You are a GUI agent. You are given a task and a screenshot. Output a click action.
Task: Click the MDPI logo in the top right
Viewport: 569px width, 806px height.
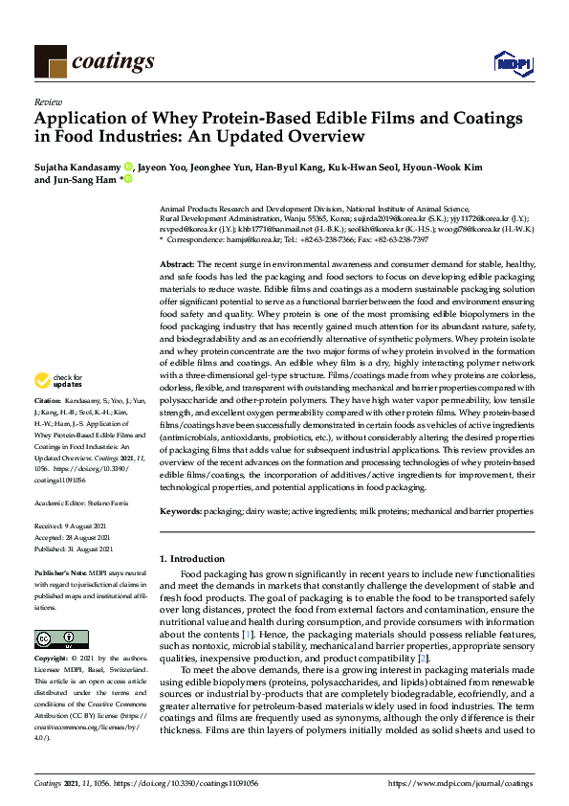click(512, 62)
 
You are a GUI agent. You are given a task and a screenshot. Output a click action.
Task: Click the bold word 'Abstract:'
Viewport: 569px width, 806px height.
click(178, 261)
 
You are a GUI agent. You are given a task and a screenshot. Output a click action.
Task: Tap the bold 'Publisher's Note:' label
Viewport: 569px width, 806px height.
click(59, 572)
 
